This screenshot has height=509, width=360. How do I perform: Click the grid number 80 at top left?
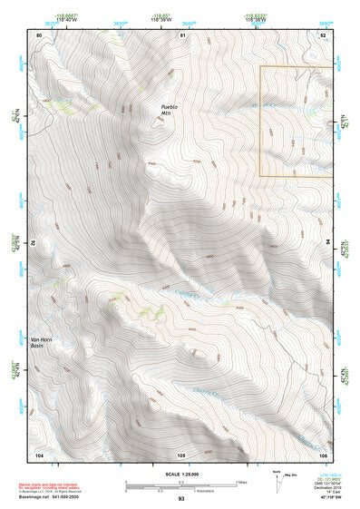click(x=39, y=34)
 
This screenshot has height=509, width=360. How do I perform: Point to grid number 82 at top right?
click(x=323, y=34)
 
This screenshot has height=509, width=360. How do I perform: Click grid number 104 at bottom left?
click(x=39, y=454)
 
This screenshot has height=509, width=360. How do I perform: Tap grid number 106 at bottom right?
click(x=323, y=454)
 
